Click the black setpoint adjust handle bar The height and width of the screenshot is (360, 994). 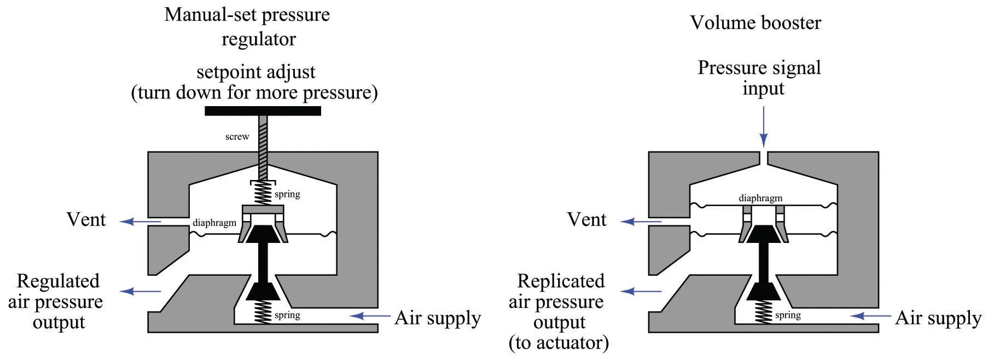tap(263, 111)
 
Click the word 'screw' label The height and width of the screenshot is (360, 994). tap(237, 137)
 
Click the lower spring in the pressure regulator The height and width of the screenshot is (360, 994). tap(264, 313)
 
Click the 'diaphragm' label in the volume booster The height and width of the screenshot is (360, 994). tap(760, 198)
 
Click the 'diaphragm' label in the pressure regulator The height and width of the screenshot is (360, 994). tap(214, 223)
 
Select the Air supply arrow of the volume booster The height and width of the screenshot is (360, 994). tap(870, 316)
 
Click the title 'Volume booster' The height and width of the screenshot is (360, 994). tap(755, 23)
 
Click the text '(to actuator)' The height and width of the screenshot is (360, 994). tap(559, 343)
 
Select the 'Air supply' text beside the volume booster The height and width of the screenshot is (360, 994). tap(938, 318)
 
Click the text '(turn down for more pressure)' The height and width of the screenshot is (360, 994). tap(254, 92)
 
